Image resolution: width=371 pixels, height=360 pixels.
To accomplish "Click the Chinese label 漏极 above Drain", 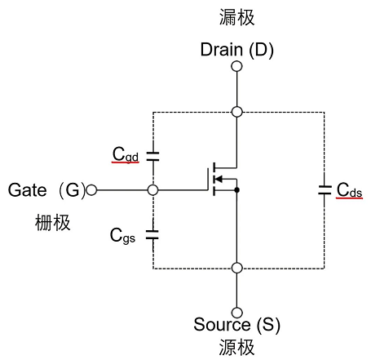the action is click(x=236, y=17).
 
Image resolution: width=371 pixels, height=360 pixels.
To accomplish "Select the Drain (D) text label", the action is click(x=236, y=50).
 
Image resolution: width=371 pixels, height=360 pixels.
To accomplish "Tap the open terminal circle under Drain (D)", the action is click(x=236, y=66).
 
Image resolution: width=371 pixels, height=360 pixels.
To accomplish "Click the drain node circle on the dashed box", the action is click(x=236, y=112).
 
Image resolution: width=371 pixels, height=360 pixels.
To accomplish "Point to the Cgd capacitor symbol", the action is click(x=152, y=156).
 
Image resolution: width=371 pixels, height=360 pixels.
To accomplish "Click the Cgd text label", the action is click(x=126, y=154).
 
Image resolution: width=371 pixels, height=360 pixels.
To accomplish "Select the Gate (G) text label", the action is click(x=46, y=190).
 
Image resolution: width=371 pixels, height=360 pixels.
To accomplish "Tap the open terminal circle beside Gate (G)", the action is click(x=91, y=190).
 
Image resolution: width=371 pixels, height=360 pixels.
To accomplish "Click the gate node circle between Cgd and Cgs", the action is click(x=152, y=190).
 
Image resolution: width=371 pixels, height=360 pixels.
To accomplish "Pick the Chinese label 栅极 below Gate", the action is click(x=53, y=223).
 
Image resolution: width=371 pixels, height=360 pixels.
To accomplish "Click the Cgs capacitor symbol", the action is click(x=152, y=234).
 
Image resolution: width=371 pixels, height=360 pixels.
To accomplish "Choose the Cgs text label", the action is click(x=122, y=236).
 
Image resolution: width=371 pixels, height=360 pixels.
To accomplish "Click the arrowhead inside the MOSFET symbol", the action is click(x=218, y=179).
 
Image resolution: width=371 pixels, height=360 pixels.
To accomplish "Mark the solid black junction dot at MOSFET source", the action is click(x=236, y=190).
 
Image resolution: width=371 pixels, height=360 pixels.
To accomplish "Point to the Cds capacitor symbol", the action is click(x=325, y=190).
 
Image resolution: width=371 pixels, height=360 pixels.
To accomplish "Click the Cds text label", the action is click(x=350, y=189).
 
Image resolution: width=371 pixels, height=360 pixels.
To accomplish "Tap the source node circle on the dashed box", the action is click(x=236, y=268).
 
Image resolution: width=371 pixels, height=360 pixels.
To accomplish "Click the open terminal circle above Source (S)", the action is click(x=236, y=313).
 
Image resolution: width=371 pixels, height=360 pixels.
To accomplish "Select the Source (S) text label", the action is click(x=236, y=325).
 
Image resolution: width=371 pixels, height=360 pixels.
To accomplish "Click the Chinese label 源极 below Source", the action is click(x=236, y=347).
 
